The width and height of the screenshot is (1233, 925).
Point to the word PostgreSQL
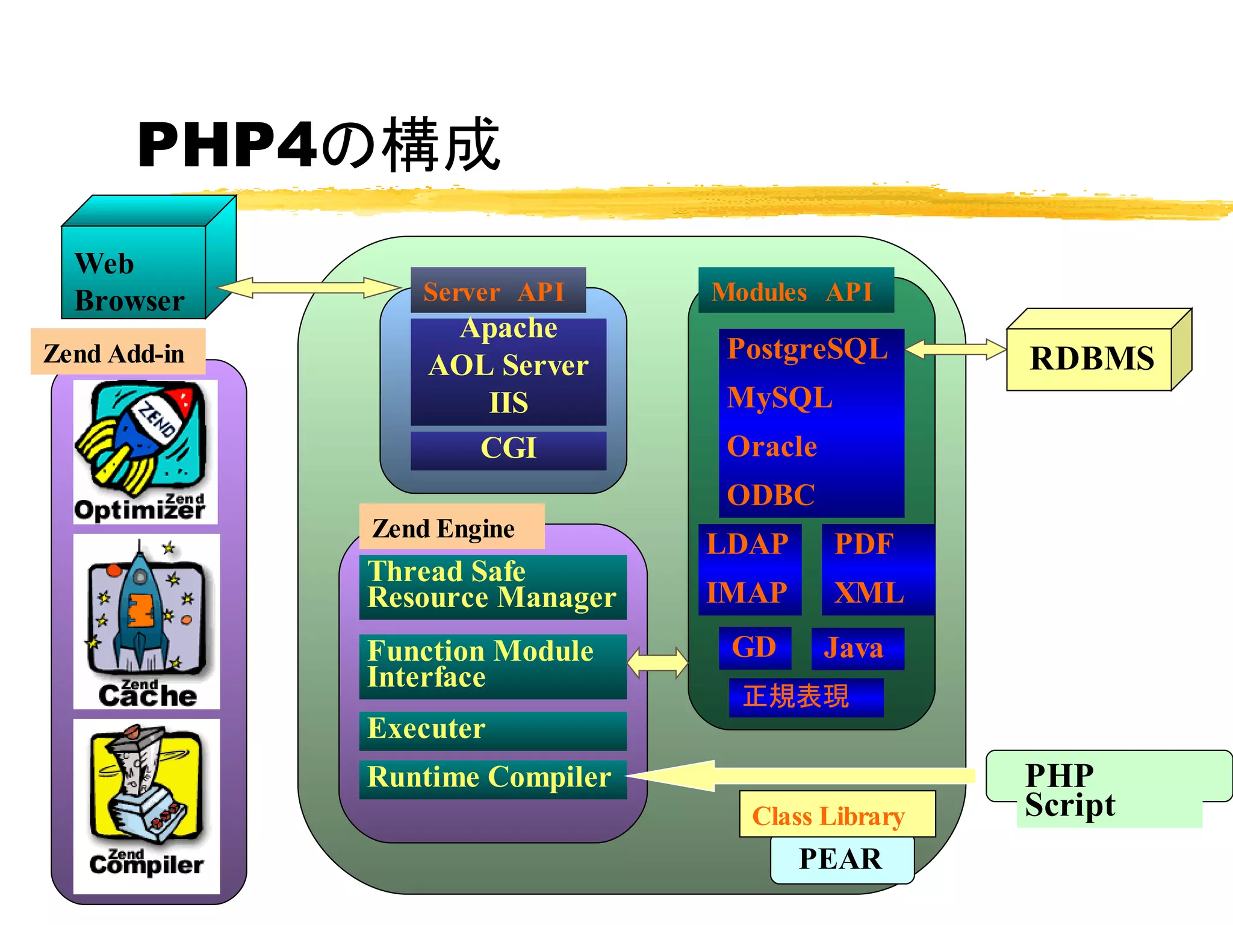point(807,349)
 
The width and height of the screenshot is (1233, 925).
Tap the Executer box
point(492,730)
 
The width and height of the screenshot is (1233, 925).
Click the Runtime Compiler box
point(492,779)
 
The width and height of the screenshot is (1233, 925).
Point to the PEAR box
point(842,860)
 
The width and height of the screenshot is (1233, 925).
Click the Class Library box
point(837,815)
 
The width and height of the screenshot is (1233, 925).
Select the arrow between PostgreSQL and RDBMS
point(955,349)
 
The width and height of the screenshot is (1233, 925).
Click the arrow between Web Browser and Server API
point(308,287)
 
